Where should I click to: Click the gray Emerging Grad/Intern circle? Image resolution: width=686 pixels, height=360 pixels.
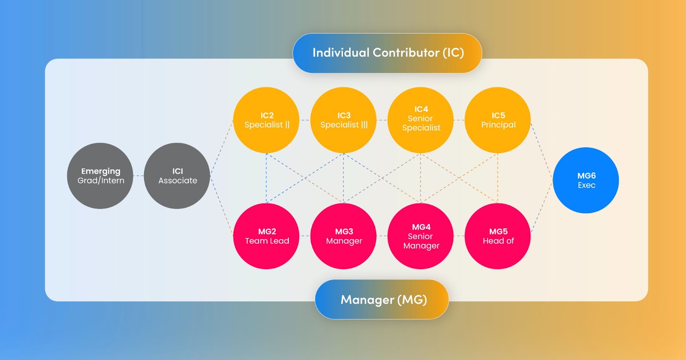100,176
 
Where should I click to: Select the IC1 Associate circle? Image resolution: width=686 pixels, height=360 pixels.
177,176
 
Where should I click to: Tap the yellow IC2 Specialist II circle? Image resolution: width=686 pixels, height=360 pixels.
266,120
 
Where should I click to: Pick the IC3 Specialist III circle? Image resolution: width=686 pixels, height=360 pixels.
343,120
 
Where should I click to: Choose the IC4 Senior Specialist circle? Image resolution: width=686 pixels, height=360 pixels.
421,120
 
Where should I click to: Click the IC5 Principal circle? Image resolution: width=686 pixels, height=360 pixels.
498,120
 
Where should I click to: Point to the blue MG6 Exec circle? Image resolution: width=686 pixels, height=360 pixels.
586,180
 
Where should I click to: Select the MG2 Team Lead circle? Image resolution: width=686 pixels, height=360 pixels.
266,236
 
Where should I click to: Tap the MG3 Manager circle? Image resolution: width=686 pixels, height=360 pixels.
343,236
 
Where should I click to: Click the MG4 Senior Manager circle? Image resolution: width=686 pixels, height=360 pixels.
421,236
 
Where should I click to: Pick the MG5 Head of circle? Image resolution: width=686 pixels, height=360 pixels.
498,236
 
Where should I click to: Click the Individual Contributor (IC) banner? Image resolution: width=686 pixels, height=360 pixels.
387,53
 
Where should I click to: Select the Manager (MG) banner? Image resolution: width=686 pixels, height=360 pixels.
382,299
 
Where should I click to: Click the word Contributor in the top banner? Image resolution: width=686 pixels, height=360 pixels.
406,53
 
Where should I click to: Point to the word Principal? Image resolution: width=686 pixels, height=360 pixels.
498,125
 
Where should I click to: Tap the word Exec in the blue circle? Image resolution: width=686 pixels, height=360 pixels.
587,186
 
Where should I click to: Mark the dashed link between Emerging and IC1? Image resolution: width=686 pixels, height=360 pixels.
138,176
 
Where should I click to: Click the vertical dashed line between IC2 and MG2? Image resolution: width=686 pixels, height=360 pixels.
266,178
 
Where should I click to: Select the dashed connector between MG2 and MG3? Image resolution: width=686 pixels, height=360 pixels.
305,236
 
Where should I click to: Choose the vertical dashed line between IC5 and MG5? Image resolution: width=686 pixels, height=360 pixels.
498,178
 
